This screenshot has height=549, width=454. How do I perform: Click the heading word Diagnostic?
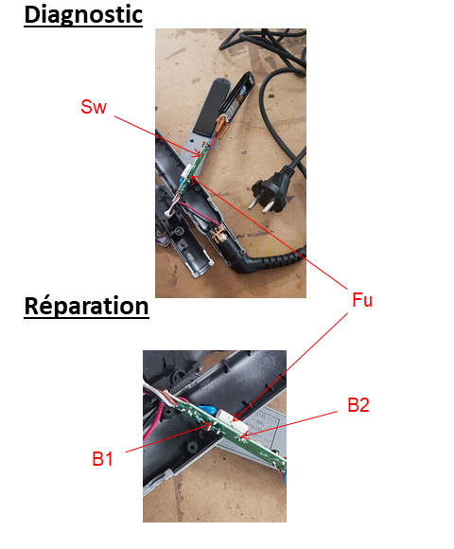pos(83,15)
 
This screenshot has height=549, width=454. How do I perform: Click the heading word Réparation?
pos(86,306)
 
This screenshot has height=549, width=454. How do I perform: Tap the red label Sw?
pos(94,107)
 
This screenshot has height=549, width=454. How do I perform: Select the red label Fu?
pos(362,300)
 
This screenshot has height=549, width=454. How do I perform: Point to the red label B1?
pos(102,459)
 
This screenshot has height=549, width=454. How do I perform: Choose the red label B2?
pos(358,405)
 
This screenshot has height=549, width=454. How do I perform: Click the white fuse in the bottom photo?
pos(233,421)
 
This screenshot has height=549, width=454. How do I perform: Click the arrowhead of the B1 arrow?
pos(209,425)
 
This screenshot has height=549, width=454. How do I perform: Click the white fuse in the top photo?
pos(186,172)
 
